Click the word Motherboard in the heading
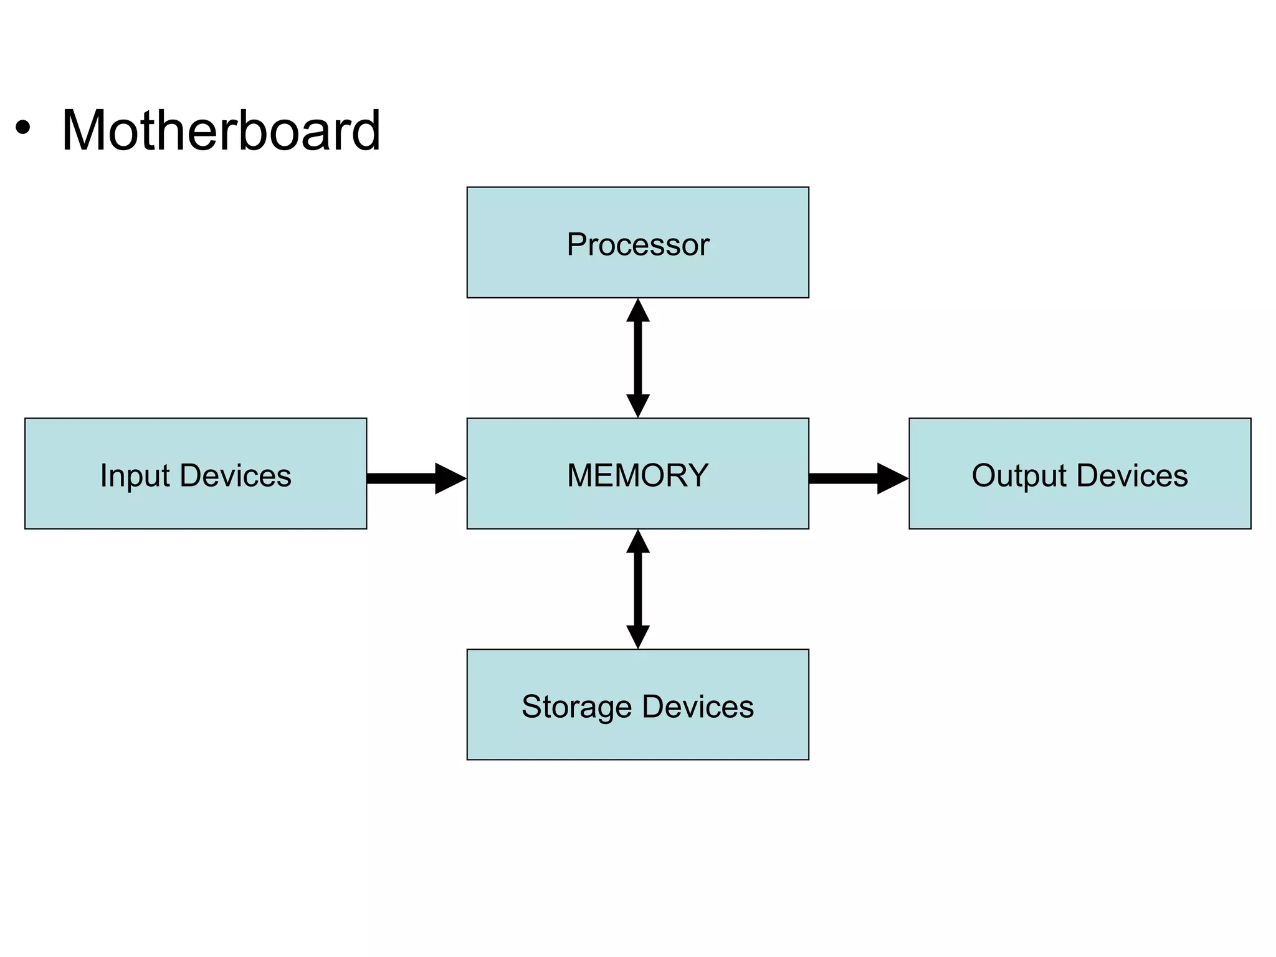click(x=221, y=130)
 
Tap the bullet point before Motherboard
click(x=23, y=128)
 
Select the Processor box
click(x=637, y=242)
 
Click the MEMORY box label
click(x=637, y=475)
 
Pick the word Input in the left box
click(x=135, y=476)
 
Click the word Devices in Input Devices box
click(x=236, y=476)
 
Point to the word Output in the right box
click(x=1019, y=476)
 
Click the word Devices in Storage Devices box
click(x=698, y=707)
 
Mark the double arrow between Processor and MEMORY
click(x=637, y=358)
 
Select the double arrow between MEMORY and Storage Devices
click(x=637, y=589)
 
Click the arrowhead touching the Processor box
click(x=637, y=312)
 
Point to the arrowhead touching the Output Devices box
click(x=891, y=478)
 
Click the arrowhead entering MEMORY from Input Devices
click(x=449, y=478)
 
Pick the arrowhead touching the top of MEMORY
click(x=637, y=405)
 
